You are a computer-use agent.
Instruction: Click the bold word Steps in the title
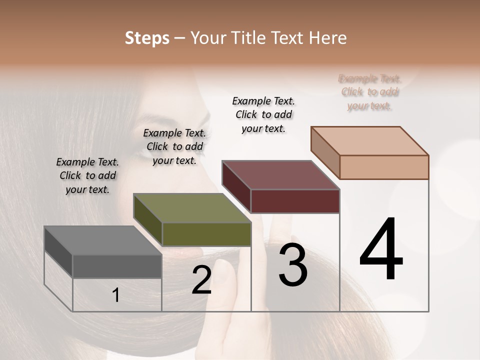pos(147,38)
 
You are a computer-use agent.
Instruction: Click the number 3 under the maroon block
pos(293,265)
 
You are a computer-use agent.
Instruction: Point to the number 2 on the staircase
pos(201,280)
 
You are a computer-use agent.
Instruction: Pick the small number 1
pos(116,295)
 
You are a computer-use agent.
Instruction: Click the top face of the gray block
pos(103,240)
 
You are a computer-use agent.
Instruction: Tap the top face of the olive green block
pos(192,208)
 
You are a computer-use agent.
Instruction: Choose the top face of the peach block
pos(370,141)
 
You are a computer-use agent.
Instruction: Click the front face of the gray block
pos(117,266)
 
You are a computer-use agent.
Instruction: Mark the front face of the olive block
pos(206,234)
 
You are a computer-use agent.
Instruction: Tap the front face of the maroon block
pos(295,201)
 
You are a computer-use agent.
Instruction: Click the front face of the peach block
pos(384,167)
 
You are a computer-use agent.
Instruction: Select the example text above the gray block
pos(87,175)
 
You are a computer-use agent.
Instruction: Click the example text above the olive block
pos(174,146)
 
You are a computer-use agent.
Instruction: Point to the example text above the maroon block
pos(263,114)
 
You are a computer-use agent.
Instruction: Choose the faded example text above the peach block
pos(369,92)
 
